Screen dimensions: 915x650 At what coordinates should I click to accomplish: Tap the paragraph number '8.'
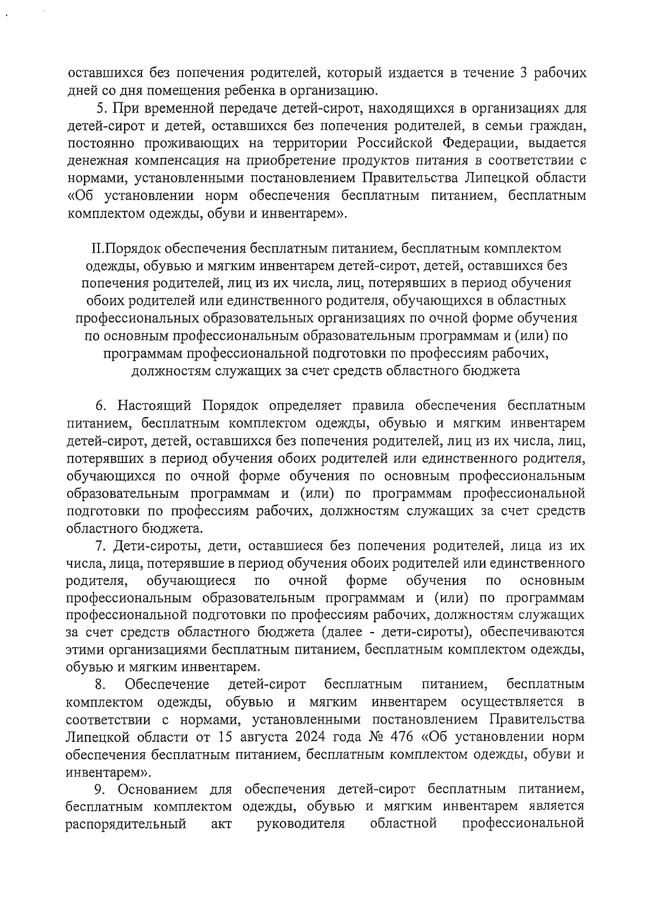(x=100, y=684)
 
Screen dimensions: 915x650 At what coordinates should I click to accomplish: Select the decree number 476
(x=398, y=737)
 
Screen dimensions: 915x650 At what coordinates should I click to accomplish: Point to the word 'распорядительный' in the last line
(x=126, y=824)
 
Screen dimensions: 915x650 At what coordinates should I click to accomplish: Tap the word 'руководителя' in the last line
(x=301, y=824)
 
